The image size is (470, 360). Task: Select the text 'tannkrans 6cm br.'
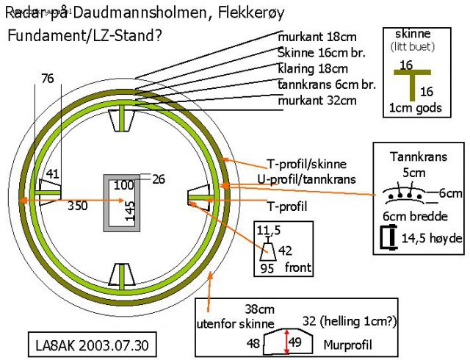[328, 84]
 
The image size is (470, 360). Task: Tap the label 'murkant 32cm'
[317, 100]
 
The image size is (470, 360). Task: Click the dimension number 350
[77, 206]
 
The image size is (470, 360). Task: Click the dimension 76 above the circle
[48, 79]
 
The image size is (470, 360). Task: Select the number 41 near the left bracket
[52, 174]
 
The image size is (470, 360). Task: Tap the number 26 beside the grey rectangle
[159, 178]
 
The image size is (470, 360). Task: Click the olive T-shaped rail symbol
[413, 81]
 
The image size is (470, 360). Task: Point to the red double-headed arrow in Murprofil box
[286, 342]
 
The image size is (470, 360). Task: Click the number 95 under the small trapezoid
[268, 270]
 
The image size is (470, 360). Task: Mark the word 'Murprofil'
[348, 344]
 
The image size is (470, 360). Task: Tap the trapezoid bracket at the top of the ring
[121, 118]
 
